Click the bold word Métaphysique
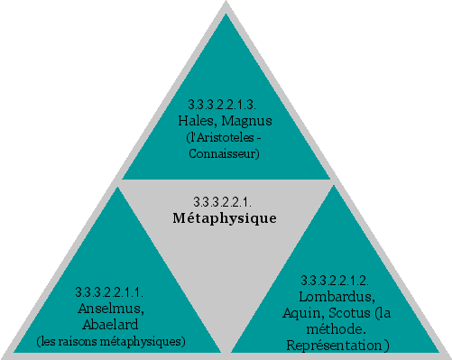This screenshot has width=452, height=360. pos(224,218)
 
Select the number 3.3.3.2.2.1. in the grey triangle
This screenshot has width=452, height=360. pos(225,200)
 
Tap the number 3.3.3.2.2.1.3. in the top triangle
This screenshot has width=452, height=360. pos(226,105)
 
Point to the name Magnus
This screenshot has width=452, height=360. pos(247,120)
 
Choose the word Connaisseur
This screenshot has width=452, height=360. pos(225,153)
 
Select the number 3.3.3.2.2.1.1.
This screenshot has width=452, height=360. pos(112,291)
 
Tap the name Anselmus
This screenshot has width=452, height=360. pos(112,308)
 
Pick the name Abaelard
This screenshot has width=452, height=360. pos(112,324)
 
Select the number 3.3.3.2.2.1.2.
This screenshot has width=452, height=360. pos(337,279)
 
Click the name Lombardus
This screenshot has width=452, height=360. pos(336,295)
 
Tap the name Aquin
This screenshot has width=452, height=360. pos(301,312)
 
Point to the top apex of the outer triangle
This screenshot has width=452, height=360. pos(226,4)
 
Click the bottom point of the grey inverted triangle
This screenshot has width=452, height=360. pos(226,351)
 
